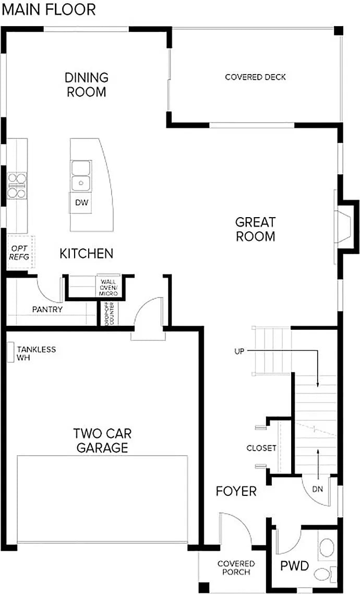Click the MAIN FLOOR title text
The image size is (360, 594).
pos(48,9)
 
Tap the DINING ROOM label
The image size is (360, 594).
pos(87,85)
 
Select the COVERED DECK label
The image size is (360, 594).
pos(255,77)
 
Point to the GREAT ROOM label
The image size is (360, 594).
pos(255,229)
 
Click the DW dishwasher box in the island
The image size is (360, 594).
pos(80,203)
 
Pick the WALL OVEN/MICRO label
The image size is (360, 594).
pos(109,287)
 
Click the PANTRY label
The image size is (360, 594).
pos(47,310)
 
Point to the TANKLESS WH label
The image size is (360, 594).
pos(35,353)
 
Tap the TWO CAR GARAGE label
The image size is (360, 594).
pos(102,440)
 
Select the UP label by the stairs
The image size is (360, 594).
pos(239,352)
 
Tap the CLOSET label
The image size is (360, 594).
pos(261,448)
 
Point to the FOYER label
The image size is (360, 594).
pos(236,491)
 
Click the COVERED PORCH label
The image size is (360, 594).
pos(236,567)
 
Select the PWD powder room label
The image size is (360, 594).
pos(295,566)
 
